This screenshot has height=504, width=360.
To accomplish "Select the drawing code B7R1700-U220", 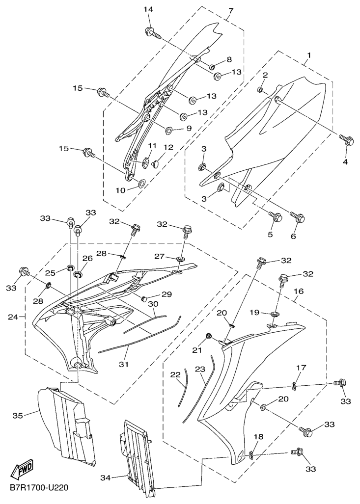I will click(x=38, y=488).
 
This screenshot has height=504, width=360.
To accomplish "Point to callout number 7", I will click(x=231, y=10).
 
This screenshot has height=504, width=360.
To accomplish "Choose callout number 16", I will click(x=299, y=292).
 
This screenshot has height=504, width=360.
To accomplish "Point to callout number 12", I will click(x=168, y=147).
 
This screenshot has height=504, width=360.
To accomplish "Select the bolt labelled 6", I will click(x=297, y=215).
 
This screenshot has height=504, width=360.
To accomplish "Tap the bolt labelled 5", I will click(x=276, y=216).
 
